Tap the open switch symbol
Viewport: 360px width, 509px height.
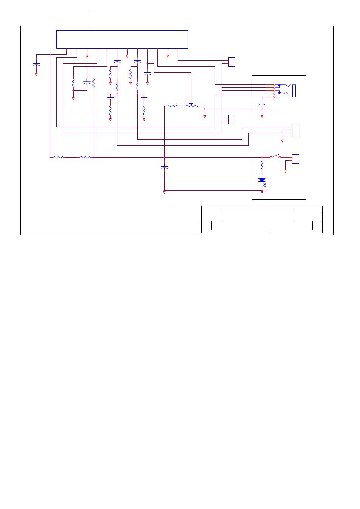point(275,156)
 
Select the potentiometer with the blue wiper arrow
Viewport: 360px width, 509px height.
point(192,106)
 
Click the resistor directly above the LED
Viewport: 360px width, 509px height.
point(262,164)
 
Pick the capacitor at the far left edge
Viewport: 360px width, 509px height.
point(36,64)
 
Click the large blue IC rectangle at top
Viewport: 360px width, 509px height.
point(122,39)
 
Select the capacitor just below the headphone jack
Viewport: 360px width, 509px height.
point(262,103)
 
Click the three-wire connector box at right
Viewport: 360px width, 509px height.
point(295,130)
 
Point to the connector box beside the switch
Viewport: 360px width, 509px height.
point(295,159)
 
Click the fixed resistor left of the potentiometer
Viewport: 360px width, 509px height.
point(172,106)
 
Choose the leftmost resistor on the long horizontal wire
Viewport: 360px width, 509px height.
point(58,157)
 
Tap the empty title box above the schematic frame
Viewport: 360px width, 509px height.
point(137,18)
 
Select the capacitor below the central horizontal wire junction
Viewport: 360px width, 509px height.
point(164,167)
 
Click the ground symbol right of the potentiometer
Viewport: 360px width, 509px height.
point(205,117)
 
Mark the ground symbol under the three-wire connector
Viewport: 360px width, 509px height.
point(282,141)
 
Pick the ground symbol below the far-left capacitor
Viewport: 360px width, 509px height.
point(36,74)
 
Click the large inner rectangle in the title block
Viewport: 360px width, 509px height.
point(259,215)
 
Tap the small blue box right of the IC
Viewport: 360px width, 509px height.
point(232,62)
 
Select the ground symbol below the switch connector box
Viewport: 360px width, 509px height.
point(285,171)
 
